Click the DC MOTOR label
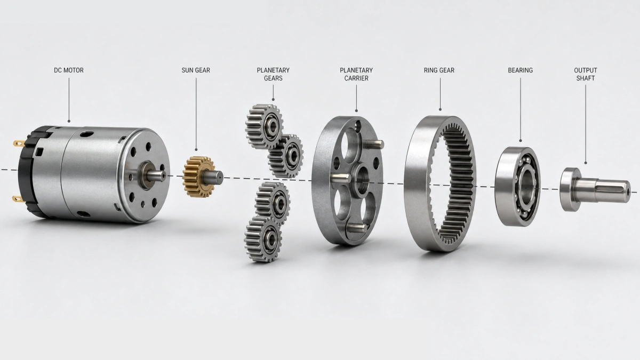(69, 70)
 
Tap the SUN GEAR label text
(196, 70)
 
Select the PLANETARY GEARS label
(273, 74)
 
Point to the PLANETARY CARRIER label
(356, 74)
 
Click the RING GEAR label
(439, 70)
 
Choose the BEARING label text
(521, 70)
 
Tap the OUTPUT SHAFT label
(586, 74)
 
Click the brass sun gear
(199, 177)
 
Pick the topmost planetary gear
(265, 126)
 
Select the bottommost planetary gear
(263, 239)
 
